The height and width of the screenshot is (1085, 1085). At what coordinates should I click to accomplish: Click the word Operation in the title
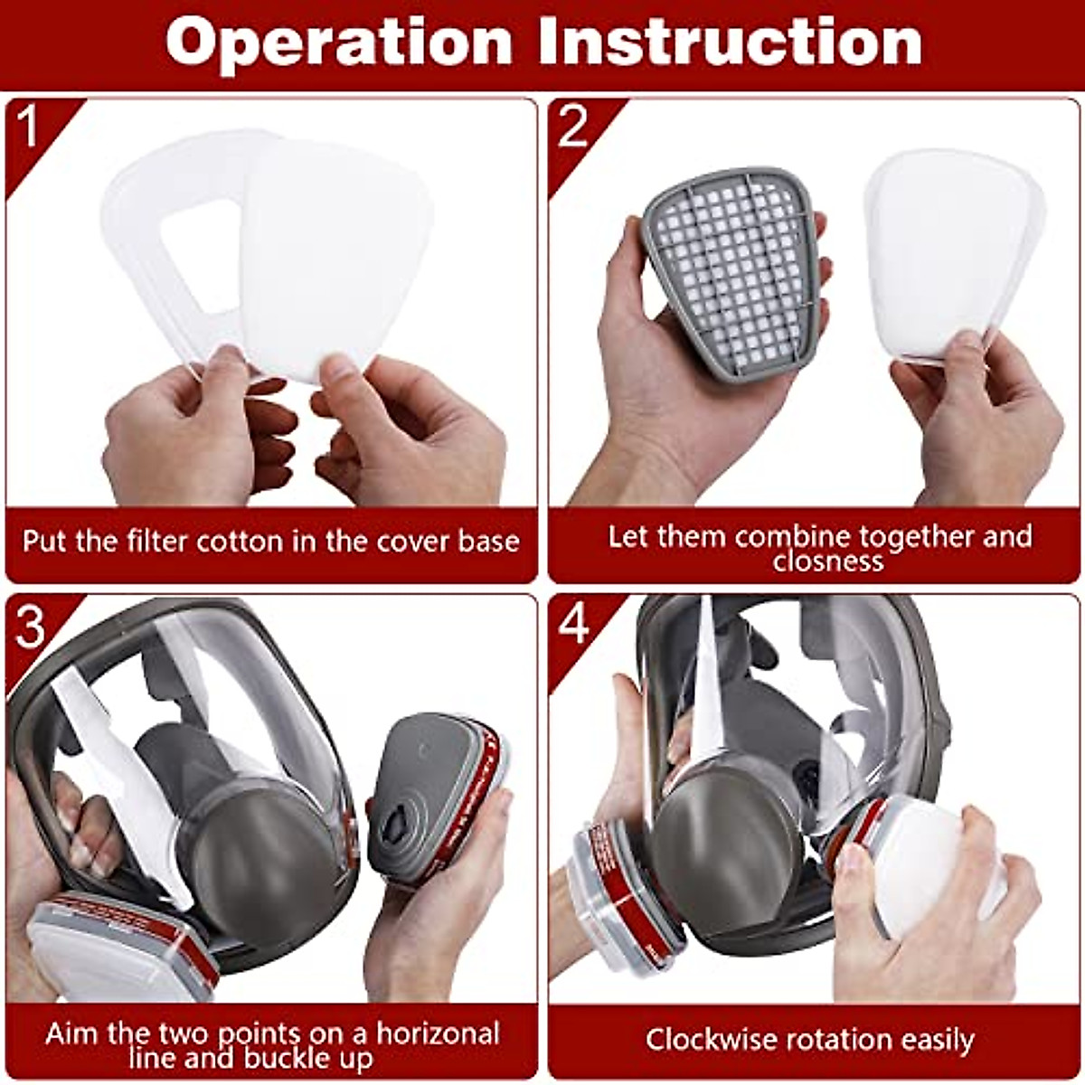pos(339,42)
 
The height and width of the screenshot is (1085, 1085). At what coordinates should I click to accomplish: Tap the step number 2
pos(573,126)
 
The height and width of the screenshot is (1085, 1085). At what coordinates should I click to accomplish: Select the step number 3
pos(30,626)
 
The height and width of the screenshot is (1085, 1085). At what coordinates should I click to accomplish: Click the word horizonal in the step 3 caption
pos(439,1033)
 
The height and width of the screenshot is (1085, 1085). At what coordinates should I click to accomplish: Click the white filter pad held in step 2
pos(949,253)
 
